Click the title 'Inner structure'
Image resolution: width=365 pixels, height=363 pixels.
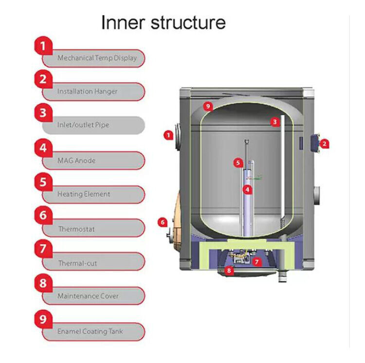(163, 22)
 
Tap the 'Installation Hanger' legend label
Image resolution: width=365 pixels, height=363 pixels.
(87, 91)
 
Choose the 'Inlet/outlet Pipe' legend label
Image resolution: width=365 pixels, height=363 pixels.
(83, 125)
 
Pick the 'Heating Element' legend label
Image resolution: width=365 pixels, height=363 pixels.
(84, 194)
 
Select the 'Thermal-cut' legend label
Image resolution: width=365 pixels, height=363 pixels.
(77, 263)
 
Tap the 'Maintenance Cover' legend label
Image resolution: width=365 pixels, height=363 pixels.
(88, 296)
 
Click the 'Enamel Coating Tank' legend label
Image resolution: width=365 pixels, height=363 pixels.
(90, 331)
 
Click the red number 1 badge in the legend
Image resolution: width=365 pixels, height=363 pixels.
(43, 46)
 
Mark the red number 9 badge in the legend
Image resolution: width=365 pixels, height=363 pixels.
(43, 319)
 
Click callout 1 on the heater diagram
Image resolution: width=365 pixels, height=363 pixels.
(168, 135)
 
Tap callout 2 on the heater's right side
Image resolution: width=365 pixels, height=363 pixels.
(326, 144)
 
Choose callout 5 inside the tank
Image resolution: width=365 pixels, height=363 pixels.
(237, 163)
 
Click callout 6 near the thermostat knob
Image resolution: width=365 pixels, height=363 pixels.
(163, 222)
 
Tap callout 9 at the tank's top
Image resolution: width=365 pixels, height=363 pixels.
(208, 106)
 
